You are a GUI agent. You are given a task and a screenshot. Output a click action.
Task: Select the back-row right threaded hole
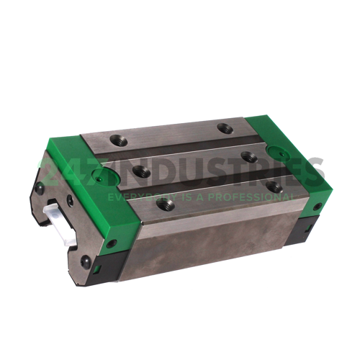pyautogui.click(x=224, y=129)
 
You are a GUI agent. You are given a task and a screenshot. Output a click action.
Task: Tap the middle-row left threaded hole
pyautogui.click(x=138, y=171)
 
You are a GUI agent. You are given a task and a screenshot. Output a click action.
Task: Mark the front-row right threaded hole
pyautogui.click(x=274, y=186)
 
